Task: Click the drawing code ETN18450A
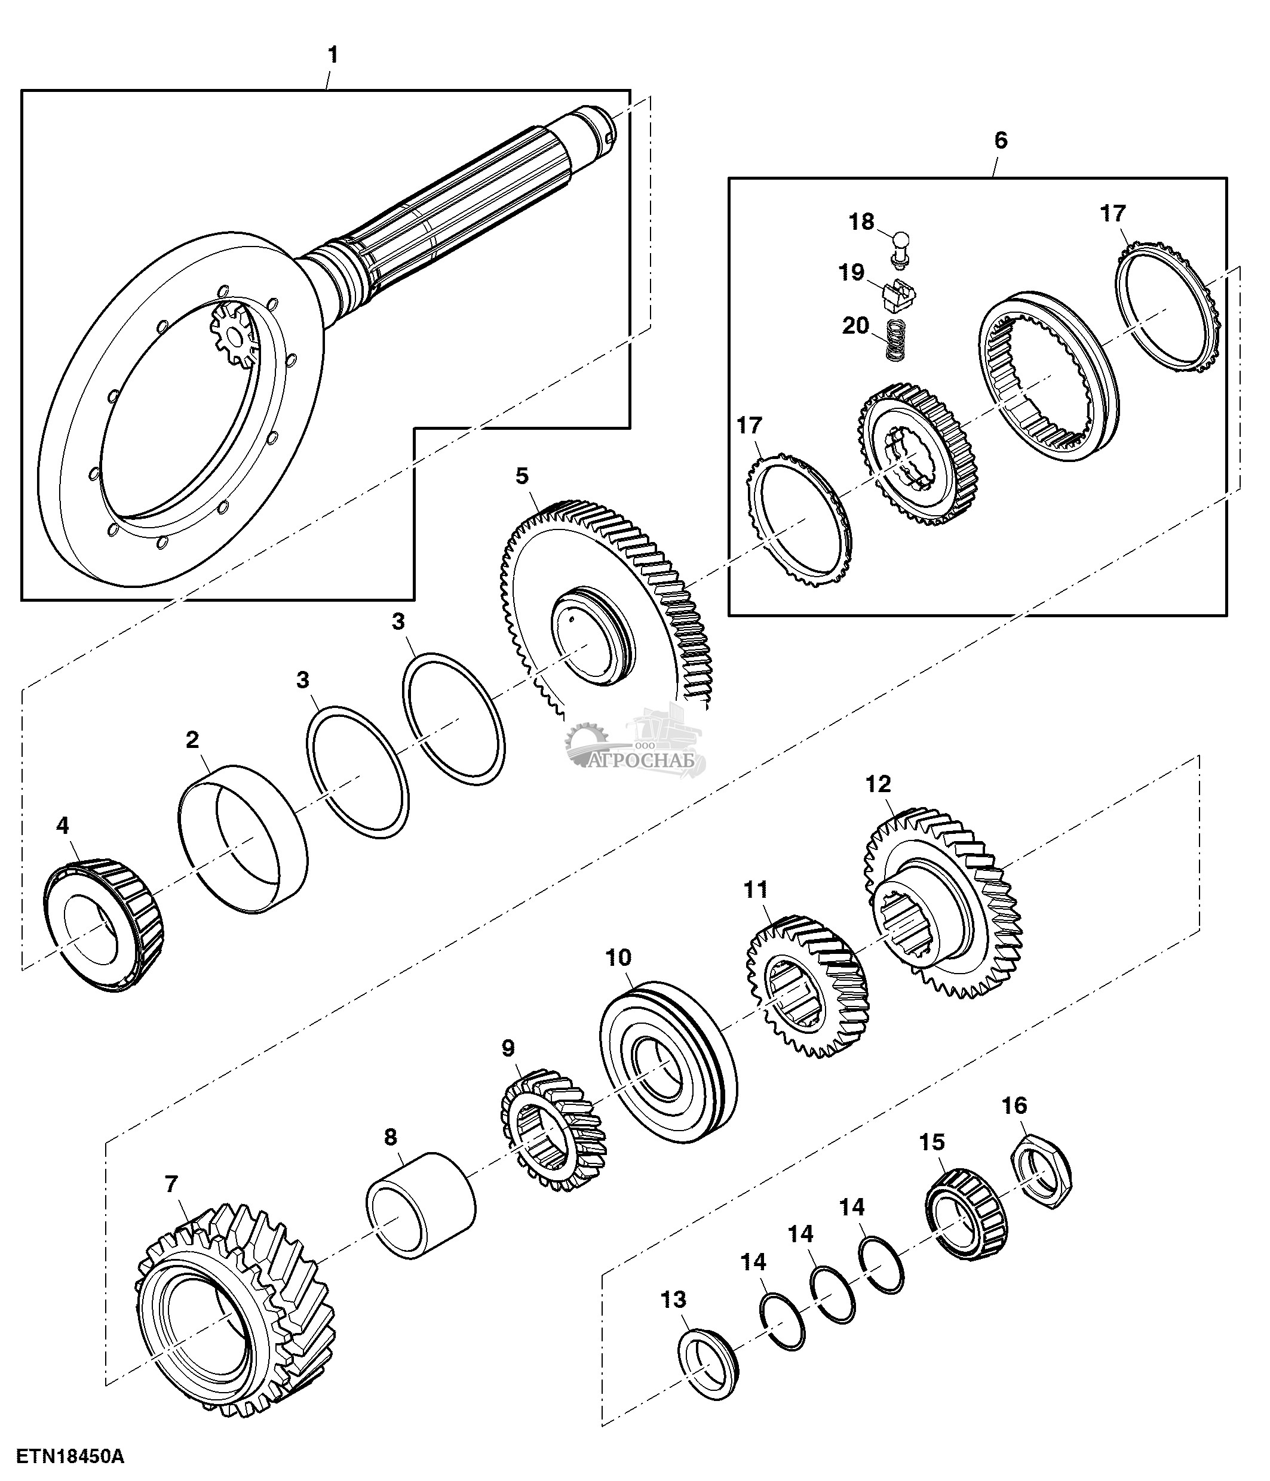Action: pyautogui.click(x=70, y=1456)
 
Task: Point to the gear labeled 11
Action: pyautogui.click(x=806, y=986)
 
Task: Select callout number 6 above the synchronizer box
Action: pyautogui.click(x=1001, y=140)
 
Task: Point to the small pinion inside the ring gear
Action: pyautogui.click(x=232, y=332)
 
